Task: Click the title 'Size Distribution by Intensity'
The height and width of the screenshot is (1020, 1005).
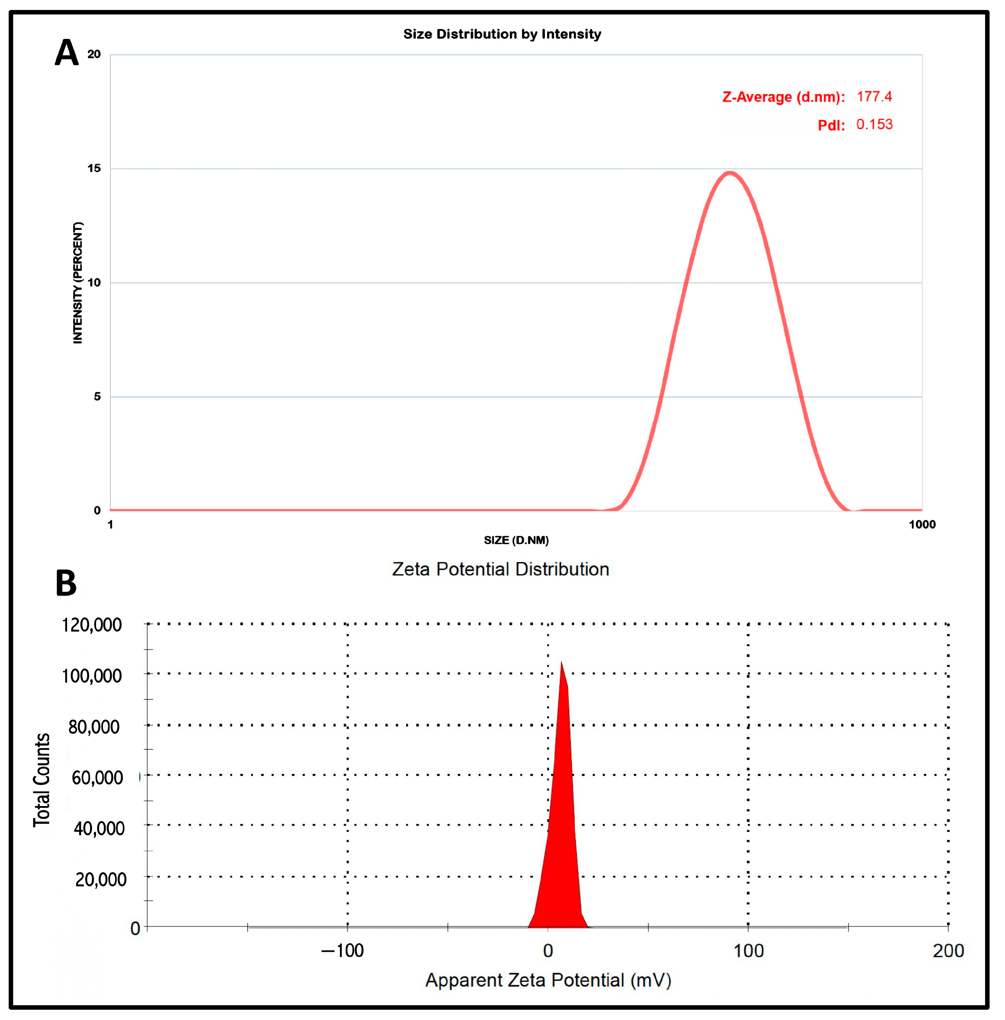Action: [502, 34]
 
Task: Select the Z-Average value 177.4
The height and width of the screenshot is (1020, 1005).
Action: [874, 97]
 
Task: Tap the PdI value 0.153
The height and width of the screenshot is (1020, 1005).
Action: [874, 125]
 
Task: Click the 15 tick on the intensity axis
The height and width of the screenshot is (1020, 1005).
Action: [94, 168]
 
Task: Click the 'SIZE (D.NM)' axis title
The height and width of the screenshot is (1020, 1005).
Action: [516, 540]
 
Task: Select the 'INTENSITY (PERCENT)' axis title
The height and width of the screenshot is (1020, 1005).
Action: [78, 283]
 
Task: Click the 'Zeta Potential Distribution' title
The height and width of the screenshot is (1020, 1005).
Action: [500, 569]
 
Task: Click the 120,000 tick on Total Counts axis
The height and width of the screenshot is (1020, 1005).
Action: [92, 625]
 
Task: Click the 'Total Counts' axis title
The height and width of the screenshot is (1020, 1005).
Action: [42, 780]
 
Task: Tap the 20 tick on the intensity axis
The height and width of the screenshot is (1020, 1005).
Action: [94, 54]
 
